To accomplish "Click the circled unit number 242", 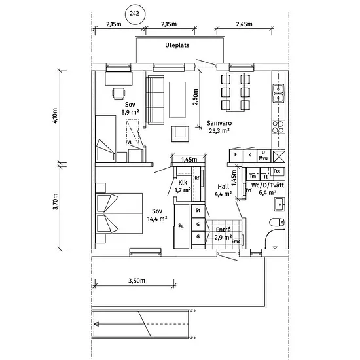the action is pos(135,14).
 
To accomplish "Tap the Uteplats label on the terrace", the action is pos(177,45).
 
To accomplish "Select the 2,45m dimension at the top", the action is pos(244,24).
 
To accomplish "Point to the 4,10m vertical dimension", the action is pos(55,116).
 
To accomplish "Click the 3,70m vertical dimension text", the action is pos(56,202).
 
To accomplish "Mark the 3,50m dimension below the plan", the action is pos(137,281).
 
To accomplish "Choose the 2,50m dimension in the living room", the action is pos(196,97).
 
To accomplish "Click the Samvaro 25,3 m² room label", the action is pos(219,127).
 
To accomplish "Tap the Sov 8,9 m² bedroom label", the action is pos(130,108).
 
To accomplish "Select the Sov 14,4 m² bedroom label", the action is pos(157,215).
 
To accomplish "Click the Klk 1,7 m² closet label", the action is pos(183,186).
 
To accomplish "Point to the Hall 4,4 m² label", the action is pos(223,190).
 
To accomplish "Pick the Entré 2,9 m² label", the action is pos(223,234).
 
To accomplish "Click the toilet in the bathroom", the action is pos(277,223).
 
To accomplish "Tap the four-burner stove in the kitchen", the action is pos(278,127).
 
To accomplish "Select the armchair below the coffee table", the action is pos(180,134).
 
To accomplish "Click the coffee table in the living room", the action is pos(177,100).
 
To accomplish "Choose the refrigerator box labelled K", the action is pos(250,156).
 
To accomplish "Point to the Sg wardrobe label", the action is pos(181,225).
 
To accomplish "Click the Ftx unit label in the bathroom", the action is pos(277,171).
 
